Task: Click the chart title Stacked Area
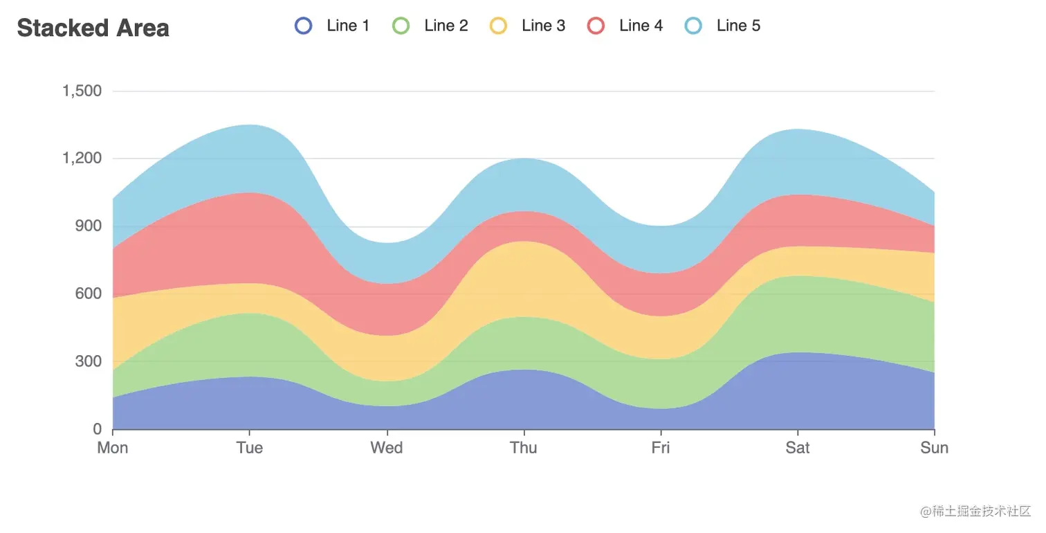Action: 93,28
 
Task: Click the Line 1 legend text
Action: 348,26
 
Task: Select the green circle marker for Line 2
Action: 401,26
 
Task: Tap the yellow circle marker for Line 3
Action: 498,26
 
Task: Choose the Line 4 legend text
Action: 641,26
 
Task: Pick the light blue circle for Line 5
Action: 693,26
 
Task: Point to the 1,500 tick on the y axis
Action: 82,91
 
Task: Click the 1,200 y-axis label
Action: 82,159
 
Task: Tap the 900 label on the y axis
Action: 87,226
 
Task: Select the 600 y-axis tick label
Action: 87,293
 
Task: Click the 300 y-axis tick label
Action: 87,361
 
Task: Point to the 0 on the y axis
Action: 97,429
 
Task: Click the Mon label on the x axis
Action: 113,448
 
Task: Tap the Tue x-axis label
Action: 250,448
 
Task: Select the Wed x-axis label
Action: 387,448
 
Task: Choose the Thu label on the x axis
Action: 524,448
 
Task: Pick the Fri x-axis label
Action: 661,448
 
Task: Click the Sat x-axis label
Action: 798,448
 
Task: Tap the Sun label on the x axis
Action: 934,448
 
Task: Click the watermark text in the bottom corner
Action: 975,512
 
